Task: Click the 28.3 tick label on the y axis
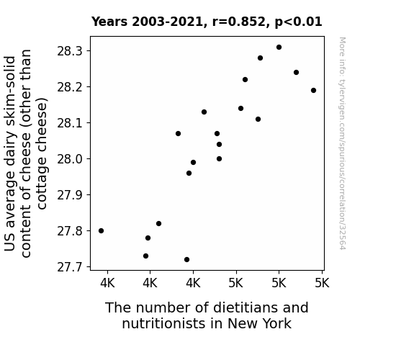pyautogui.click(x=70, y=51)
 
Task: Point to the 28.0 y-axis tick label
pyautogui.click(x=70, y=159)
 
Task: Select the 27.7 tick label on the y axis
pyautogui.click(x=70, y=267)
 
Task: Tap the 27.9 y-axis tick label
pyautogui.click(x=70, y=195)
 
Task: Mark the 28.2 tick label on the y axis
pyautogui.click(x=70, y=87)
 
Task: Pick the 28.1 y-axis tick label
pyautogui.click(x=70, y=123)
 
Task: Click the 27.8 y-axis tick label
pyautogui.click(x=70, y=231)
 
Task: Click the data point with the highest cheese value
pyautogui.click(x=279, y=48)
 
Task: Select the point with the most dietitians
pyautogui.click(x=313, y=90)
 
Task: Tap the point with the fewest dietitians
pyautogui.click(x=101, y=231)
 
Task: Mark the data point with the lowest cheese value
pyautogui.click(x=186, y=260)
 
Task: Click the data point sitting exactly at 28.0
pyautogui.click(x=219, y=158)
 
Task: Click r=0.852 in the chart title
pyautogui.click(x=239, y=22)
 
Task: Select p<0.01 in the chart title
pyautogui.click(x=298, y=22)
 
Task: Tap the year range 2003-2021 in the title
pyautogui.click(x=167, y=22)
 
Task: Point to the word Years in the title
pyautogui.click(x=109, y=22)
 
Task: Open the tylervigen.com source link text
pyautogui.click(x=342, y=143)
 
